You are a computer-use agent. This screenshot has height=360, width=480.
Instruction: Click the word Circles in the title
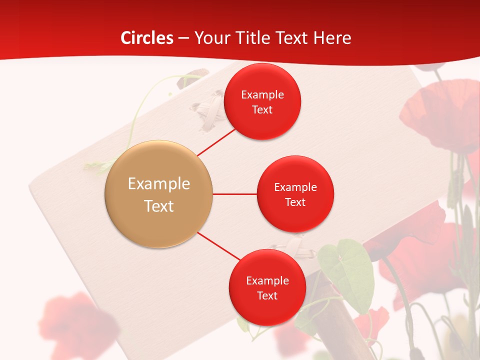[x=147, y=38]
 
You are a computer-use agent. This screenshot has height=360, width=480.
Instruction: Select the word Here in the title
[x=332, y=38]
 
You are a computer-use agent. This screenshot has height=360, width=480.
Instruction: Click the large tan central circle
[x=159, y=194]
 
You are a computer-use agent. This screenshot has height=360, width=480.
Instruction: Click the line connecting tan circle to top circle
[x=216, y=142]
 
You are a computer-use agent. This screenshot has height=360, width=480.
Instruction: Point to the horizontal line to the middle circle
[x=234, y=194]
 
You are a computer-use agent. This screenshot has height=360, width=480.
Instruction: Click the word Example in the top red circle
[x=262, y=94]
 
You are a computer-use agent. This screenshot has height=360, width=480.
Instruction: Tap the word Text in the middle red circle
[x=295, y=202]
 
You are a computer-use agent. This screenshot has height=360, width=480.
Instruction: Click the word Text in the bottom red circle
[x=267, y=296]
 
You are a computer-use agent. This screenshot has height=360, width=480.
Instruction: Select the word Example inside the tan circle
[x=159, y=184]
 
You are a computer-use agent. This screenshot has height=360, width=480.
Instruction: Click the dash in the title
[x=183, y=38]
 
